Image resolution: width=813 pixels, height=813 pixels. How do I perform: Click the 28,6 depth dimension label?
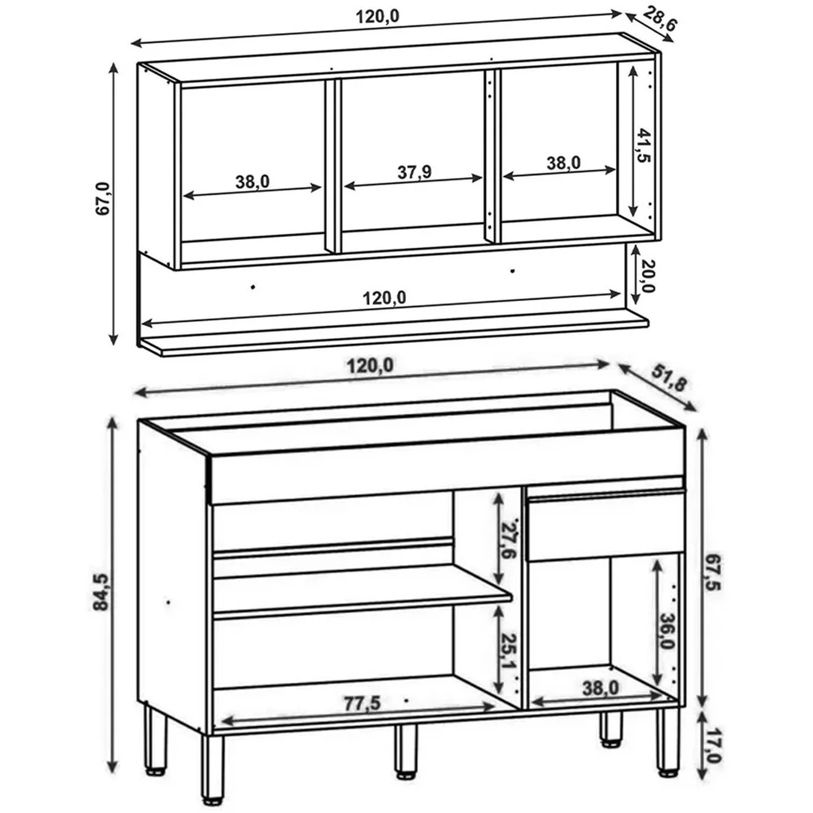tap(660, 19)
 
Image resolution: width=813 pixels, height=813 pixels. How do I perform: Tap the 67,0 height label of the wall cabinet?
tap(103, 198)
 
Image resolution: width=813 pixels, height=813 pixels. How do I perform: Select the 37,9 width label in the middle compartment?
tap(414, 172)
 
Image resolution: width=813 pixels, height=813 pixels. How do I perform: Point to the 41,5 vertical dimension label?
tap(643, 145)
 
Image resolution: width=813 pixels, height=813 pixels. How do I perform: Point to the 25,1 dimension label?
tap(509, 651)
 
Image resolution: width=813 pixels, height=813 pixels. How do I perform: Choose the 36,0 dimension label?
tap(668, 631)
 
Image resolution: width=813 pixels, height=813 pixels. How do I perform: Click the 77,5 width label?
tap(363, 704)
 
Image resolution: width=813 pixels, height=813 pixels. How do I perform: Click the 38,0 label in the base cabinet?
tap(601, 688)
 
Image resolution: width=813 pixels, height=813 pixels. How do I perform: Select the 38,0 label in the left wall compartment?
tap(253, 182)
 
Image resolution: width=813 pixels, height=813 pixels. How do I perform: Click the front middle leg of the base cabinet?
tap(406, 752)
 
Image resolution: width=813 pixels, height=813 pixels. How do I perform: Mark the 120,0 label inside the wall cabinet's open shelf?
tap(384, 298)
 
